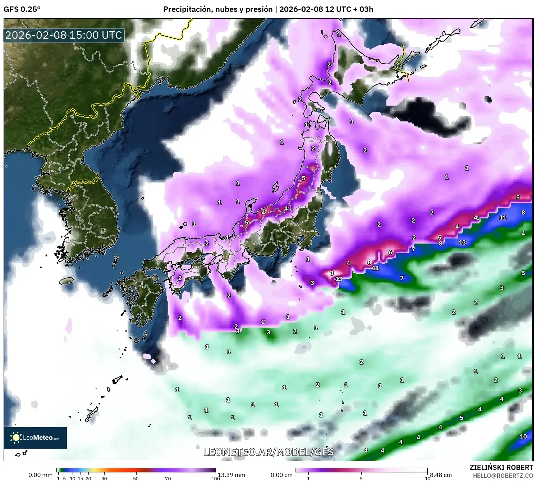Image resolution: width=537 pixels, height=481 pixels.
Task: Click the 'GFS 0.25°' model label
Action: [x=22, y=9]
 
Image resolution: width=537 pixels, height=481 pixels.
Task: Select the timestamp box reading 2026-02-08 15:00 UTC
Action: [x=64, y=35]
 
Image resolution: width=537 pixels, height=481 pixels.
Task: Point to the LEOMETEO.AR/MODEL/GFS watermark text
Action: [x=268, y=452]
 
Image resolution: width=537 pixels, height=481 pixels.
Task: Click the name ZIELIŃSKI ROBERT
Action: [x=501, y=467]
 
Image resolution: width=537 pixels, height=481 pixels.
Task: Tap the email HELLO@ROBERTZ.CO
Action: [x=502, y=476]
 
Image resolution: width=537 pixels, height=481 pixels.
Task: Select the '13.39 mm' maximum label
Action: [x=231, y=475]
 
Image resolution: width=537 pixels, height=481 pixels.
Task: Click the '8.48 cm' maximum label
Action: [x=441, y=475]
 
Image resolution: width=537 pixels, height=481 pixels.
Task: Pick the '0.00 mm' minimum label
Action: [x=40, y=475]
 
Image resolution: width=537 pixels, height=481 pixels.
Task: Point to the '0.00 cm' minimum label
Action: [x=281, y=475]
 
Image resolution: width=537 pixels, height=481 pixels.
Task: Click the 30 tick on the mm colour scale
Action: [x=104, y=478]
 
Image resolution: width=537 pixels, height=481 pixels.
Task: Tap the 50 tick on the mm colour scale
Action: [x=136, y=478]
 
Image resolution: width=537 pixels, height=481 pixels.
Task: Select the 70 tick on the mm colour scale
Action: [x=168, y=478]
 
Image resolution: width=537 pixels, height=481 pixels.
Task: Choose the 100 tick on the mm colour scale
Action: [x=215, y=478]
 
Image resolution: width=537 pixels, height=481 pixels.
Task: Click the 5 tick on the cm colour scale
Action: [x=361, y=478]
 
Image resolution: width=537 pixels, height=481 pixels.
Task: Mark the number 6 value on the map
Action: [x=390, y=253]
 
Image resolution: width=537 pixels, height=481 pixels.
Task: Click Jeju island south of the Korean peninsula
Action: [x=66, y=281]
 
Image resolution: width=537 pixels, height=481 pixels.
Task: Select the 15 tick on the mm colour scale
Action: [x=81, y=478]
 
